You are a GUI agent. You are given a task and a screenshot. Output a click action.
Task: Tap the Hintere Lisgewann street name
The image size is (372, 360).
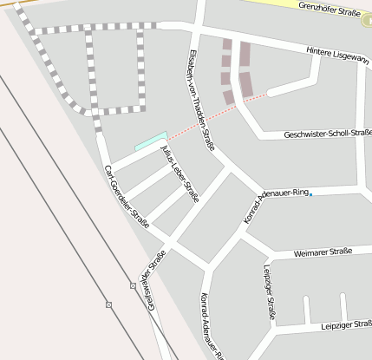point(339,54)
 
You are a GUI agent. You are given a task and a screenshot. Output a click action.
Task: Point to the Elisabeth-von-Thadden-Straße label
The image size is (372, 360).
point(196,100)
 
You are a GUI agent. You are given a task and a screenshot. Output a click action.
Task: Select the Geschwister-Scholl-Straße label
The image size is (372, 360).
point(328,134)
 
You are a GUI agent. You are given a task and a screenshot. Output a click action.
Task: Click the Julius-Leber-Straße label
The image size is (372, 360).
point(180,173)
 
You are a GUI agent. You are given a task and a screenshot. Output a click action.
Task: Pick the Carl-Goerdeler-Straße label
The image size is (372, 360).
point(127,196)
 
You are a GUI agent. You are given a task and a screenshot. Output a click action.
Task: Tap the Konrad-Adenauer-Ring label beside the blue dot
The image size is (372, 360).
point(276,203)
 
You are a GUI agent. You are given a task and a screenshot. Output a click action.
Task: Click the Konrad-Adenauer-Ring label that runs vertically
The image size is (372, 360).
point(212,325)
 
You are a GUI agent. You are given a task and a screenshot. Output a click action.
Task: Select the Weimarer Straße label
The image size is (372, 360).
point(323,252)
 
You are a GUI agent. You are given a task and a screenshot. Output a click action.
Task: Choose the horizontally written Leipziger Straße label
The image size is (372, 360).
point(344,324)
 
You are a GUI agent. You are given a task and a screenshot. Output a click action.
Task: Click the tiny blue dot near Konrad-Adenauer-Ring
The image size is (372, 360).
point(310,194)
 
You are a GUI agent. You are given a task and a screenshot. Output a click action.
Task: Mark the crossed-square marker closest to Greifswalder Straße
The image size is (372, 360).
point(133,285)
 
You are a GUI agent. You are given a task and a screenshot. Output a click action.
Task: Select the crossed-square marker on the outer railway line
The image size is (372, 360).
point(108,304)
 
